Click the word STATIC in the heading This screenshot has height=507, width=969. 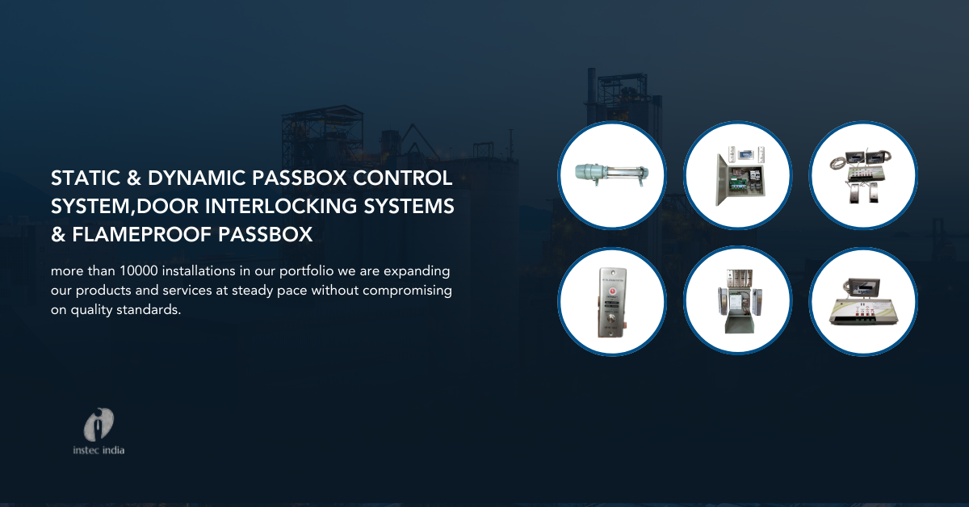86,178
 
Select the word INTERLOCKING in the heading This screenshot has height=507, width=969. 281,207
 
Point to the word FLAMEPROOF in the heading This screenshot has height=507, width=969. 141,234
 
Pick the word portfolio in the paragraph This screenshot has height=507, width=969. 306,272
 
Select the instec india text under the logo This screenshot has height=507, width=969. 99,450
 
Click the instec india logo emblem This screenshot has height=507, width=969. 99,425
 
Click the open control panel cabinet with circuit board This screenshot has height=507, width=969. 738,177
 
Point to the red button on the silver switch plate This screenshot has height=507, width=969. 612,291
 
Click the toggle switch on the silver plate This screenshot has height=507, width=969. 612,318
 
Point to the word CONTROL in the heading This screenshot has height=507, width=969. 403,178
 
